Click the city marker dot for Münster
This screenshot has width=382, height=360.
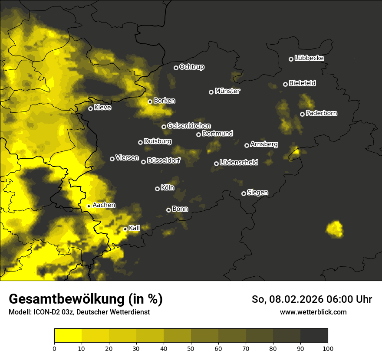point(211,92)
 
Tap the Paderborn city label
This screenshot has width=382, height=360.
point(322,113)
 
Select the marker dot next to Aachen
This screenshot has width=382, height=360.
point(89,206)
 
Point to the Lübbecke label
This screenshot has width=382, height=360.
point(309,58)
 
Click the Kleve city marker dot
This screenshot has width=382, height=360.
point(90,108)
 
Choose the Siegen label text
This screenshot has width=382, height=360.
point(257,193)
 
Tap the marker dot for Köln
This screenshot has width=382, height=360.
point(158,189)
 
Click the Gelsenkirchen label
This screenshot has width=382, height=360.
point(189,126)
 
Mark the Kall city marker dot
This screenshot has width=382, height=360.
point(125,229)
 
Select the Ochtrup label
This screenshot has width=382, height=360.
point(192,67)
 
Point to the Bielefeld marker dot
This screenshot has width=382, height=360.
point(285,84)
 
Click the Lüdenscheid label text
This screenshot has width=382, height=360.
point(239,163)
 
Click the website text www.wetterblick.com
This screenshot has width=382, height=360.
point(313,312)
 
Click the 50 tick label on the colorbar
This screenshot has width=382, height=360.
point(191,348)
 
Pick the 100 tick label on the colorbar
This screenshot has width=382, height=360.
point(328,348)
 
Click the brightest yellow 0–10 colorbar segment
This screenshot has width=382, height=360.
point(68,335)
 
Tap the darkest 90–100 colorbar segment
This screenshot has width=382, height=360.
point(314,335)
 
